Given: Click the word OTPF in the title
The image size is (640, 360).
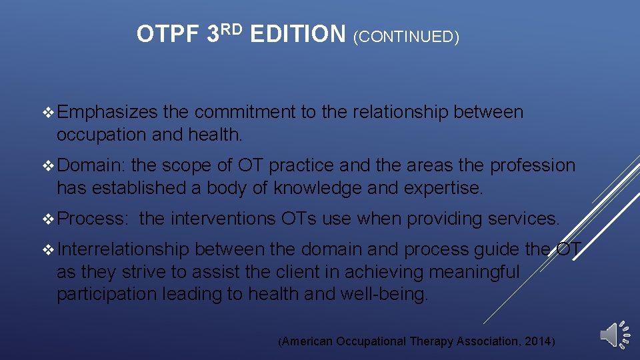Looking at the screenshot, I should click(x=167, y=34).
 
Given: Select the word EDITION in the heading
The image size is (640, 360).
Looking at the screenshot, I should click(x=298, y=34).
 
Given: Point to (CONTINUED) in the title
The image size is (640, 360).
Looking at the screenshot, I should click(x=406, y=37).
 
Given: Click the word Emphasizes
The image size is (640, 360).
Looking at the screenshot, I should click(x=107, y=113).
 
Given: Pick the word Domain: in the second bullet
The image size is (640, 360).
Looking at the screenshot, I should click(x=90, y=165).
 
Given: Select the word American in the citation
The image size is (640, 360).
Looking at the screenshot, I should click(x=307, y=341).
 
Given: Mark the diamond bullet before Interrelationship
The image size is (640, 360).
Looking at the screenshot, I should click(x=48, y=250).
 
